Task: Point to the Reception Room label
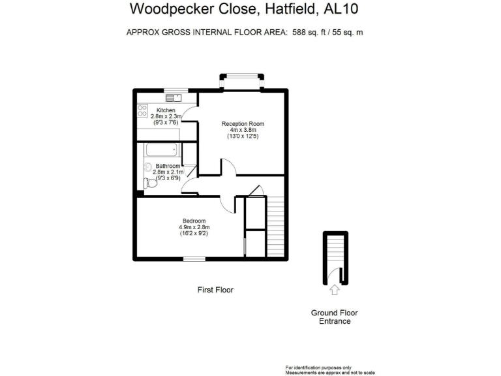(x=243, y=123)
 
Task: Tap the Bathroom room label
(x=168, y=166)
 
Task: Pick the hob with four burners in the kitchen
(x=142, y=110)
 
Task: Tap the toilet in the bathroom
(x=150, y=183)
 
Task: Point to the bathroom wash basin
(x=147, y=167)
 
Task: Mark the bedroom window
(x=194, y=259)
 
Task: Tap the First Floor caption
(x=215, y=289)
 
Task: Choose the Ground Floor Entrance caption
(x=334, y=317)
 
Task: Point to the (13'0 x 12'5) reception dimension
(x=243, y=137)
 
